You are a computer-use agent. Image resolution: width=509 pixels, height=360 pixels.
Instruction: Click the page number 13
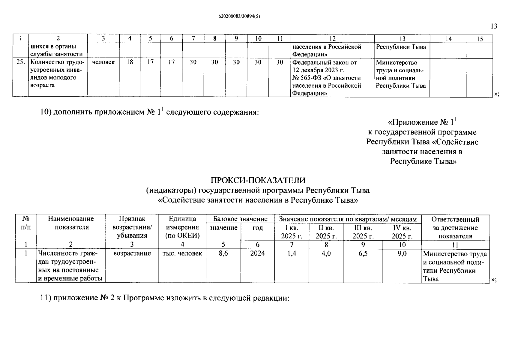(x=494, y=26)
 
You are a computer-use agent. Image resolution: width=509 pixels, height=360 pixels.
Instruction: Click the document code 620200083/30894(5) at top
(x=239, y=17)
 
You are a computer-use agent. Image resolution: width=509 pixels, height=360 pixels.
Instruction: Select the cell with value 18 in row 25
(x=130, y=62)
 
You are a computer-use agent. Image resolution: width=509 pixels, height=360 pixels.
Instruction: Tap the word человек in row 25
(x=103, y=62)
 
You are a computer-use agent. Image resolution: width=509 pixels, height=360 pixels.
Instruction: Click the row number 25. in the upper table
(x=20, y=62)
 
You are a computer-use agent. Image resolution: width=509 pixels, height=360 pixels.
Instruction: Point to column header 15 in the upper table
(x=480, y=39)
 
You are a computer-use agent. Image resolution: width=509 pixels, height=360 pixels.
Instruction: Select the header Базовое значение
(x=240, y=219)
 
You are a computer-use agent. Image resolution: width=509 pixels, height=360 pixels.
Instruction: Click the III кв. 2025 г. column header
(x=363, y=232)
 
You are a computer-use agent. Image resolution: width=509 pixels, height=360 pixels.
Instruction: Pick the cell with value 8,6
(x=223, y=253)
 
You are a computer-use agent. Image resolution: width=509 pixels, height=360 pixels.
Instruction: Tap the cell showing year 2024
(x=257, y=253)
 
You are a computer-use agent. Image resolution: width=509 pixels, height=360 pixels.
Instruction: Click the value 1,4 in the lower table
(x=292, y=253)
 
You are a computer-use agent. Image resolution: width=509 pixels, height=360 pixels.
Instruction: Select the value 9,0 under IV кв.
(x=402, y=253)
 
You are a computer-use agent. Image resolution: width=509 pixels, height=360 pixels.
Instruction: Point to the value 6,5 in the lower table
(x=363, y=253)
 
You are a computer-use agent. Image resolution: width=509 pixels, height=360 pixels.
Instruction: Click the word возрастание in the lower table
(x=132, y=253)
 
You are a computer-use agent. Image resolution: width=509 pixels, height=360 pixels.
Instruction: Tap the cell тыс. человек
(x=182, y=253)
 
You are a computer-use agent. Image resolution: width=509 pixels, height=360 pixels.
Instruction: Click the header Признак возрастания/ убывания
(x=132, y=227)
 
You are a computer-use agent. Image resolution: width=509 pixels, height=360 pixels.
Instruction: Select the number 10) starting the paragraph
(x=46, y=112)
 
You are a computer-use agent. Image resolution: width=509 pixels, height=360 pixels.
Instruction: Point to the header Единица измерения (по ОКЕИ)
(x=182, y=227)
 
